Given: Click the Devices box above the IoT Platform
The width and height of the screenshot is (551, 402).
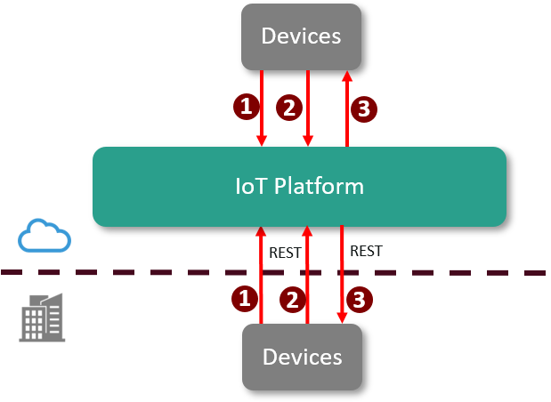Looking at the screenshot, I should (302, 36).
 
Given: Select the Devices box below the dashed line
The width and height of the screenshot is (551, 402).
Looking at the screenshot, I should (302, 357).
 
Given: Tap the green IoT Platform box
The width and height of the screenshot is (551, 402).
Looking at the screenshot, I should (299, 187).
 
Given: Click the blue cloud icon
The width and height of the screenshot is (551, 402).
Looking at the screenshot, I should (45, 236).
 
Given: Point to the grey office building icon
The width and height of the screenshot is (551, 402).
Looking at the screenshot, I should (43, 317).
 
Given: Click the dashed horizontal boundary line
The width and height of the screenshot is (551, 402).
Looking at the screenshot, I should (134, 271).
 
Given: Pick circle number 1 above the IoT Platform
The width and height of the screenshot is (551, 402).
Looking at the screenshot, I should (246, 108).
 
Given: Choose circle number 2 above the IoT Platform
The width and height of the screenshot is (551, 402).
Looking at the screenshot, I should (288, 108).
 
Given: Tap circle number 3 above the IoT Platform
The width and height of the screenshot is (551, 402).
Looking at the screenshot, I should (363, 109).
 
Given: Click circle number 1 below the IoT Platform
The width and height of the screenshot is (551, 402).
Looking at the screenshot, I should (245, 299).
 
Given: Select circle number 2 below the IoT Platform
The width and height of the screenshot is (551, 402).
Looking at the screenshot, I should (291, 300).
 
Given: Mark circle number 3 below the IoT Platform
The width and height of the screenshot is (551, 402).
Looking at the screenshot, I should (359, 300).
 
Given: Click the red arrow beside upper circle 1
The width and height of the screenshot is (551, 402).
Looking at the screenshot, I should (262, 107).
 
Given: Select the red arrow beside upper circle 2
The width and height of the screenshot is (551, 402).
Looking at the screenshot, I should (307, 107).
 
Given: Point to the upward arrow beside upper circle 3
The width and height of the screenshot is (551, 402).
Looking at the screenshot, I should (346, 107).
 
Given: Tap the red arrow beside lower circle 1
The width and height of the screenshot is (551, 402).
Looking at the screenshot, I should (261, 276).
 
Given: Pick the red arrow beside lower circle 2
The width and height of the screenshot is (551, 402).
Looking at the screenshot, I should (307, 276).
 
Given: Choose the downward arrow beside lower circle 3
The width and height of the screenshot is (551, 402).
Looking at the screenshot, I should (342, 276).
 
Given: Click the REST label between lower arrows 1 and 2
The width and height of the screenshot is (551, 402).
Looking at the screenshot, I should (284, 253).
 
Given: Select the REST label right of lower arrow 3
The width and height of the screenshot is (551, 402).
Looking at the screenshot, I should (366, 251).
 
